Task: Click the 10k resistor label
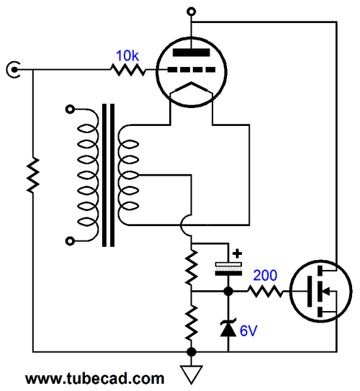(x=127, y=55)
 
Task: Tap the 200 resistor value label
(x=265, y=275)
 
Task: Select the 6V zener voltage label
(x=248, y=331)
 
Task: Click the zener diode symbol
(x=228, y=328)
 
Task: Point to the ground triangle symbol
(x=192, y=374)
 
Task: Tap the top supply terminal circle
(x=192, y=12)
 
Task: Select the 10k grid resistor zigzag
(x=128, y=70)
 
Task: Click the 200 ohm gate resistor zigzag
(x=266, y=291)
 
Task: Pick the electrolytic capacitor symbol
(x=228, y=269)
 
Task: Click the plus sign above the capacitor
(x=237, y=253)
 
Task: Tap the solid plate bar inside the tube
(x=192, y=53)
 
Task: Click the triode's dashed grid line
(x=192, y=70)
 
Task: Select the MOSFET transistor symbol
(x=321, y=291)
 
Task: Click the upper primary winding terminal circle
(x=70, y=109)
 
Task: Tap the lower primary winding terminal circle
(x=70, y=241)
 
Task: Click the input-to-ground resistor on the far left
(x=33, y=175)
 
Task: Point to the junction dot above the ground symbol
(x=192, y=352)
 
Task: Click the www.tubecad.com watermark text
(x=95, y=378)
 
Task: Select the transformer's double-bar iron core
(x=109, y=175)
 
